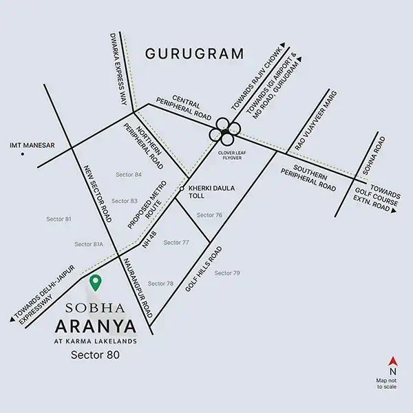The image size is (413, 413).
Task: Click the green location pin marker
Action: pyautogui.click(x=97, y=282)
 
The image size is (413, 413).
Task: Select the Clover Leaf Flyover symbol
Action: pyautogui.click(x=225, y=131)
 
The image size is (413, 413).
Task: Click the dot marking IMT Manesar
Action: pyautogui.click(x=23, y=154)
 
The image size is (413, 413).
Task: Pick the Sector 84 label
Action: pyautogui.click(x=129, y=174)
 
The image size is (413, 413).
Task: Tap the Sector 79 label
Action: pyautogui.click(x=227, y=273)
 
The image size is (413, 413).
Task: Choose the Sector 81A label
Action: pyautogui.click(x=89, y=244)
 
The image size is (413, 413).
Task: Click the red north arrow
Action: pyautogui.click(x=392, y=361)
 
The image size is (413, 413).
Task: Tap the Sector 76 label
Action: pyautogui.click(x=209, y=215)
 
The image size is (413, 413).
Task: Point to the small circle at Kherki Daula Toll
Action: pyautogui.click(x=182, y=189)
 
